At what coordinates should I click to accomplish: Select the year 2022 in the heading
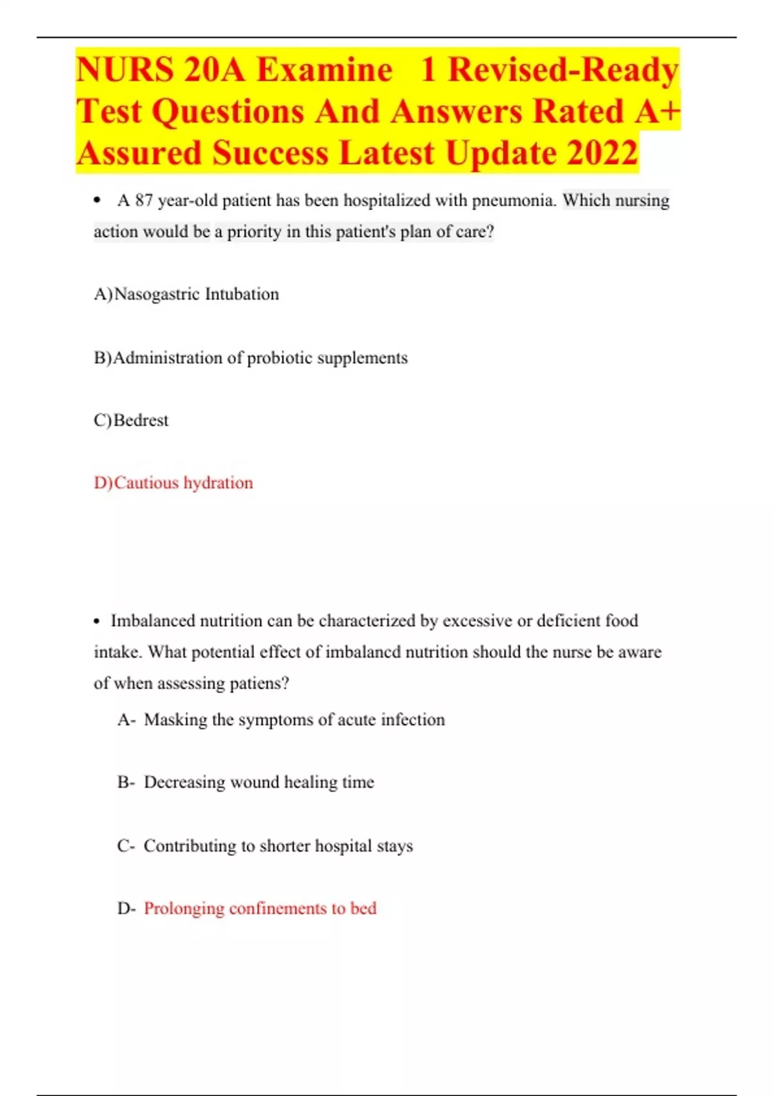(x=602, y=153)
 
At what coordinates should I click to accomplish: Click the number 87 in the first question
(x=143, y=201)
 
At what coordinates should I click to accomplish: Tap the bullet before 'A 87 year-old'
(x=97, y=201)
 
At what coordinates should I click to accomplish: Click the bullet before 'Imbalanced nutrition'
(x=97, y=621)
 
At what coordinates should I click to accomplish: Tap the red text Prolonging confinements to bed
(x=260, y=908)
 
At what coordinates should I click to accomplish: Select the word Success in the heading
(x=270, y=153)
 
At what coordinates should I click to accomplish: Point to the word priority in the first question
(x=253, y=232)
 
